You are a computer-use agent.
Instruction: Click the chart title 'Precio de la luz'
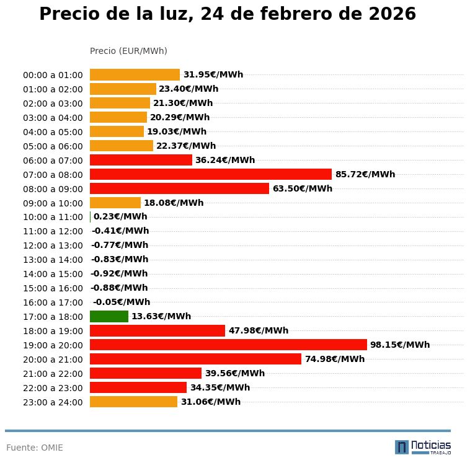click(227, 15)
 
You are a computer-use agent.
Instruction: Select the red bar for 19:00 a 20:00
click(228, 345)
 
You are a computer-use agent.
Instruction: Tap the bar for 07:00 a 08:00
click(211, 174)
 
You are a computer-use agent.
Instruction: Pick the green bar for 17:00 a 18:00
click(109, 316)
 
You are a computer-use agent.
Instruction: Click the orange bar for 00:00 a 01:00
click(135, 74)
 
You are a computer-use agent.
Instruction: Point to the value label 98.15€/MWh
click(400, 345)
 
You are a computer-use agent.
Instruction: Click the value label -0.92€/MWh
click(119, 273)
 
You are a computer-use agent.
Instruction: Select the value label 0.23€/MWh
click(120, 217)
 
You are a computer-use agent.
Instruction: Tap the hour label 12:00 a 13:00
click(53, 245)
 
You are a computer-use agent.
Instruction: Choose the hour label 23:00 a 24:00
click(53, 402)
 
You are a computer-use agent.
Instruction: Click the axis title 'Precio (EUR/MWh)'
click(128, 51)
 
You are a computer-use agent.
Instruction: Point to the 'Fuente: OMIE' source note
click(35, 448)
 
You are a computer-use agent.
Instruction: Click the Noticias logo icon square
click(402, 447)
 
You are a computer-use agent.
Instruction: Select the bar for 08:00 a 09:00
click(179, 188)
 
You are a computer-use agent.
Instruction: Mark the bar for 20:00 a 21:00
click(195, 359)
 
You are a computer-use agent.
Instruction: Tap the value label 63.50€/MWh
click(302, 188)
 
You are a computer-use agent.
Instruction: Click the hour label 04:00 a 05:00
click(53, 131)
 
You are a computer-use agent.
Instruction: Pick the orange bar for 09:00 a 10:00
click(115, 203)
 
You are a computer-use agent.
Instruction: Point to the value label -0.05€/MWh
click(122, 302)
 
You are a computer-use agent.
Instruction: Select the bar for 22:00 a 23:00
click(138, 387)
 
